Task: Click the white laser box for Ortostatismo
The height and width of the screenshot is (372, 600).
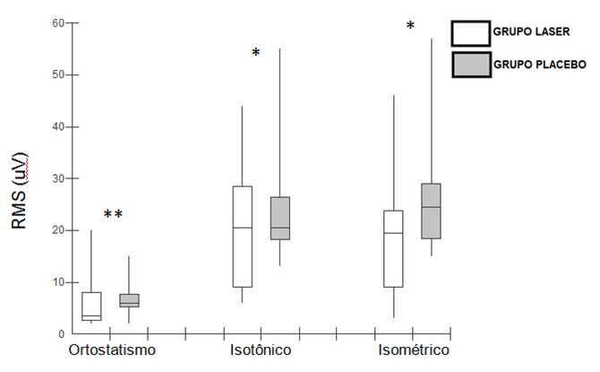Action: (91, 306)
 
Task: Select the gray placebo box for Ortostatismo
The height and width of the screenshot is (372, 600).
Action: (130, 300)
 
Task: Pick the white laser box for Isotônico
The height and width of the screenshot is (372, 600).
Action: (242, 237)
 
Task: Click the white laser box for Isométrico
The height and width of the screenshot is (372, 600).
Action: (393, 248)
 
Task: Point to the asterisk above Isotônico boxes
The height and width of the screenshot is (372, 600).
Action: (255, 54)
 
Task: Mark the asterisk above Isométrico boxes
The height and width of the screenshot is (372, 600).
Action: (410, 27)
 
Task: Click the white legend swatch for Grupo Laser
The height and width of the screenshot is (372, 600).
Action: (470, 34)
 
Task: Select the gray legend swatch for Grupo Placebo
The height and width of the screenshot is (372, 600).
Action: (470, 65)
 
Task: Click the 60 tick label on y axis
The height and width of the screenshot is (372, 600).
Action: (46, 23)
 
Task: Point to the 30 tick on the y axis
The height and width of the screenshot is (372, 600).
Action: (46, 178)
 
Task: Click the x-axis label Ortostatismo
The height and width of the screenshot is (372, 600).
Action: (112, 349)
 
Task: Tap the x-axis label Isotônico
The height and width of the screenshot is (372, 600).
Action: (259, 349)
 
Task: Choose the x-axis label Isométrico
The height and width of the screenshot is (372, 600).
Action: (413, 349)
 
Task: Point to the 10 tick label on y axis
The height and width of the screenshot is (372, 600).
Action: (46, 281)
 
